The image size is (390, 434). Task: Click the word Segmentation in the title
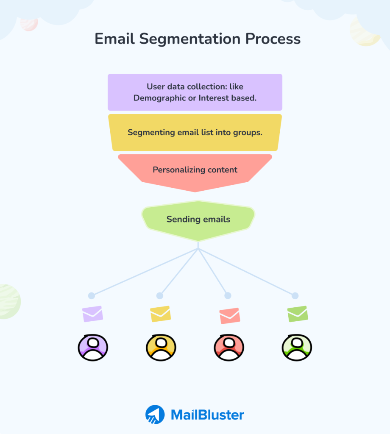click(x=189, y=39)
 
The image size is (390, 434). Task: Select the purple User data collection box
click(x=195, y=92)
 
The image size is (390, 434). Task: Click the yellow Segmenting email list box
click(x=195, y=132)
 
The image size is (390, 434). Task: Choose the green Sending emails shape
click(x=198, y=220)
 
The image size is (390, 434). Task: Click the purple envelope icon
click(x=92, y=314)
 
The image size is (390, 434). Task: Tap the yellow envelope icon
click(x=160, y=314)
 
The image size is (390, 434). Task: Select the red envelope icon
click(x=229, y=316)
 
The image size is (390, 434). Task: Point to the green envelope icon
click(x=298, y=314)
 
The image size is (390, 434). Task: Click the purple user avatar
click(x=93, y=348)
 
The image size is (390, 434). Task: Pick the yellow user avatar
click(x=161, y=348)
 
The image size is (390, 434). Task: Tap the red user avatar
click(x=229, y=348)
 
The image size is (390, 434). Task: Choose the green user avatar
click(x=297, y=348)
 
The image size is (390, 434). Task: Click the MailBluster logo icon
click(x=155, y=415)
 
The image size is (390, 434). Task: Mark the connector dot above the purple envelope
click(x=91, y=296)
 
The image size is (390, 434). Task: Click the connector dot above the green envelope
click(x=295, y=295)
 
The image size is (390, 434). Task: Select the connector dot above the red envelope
click(x=228, y=295)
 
